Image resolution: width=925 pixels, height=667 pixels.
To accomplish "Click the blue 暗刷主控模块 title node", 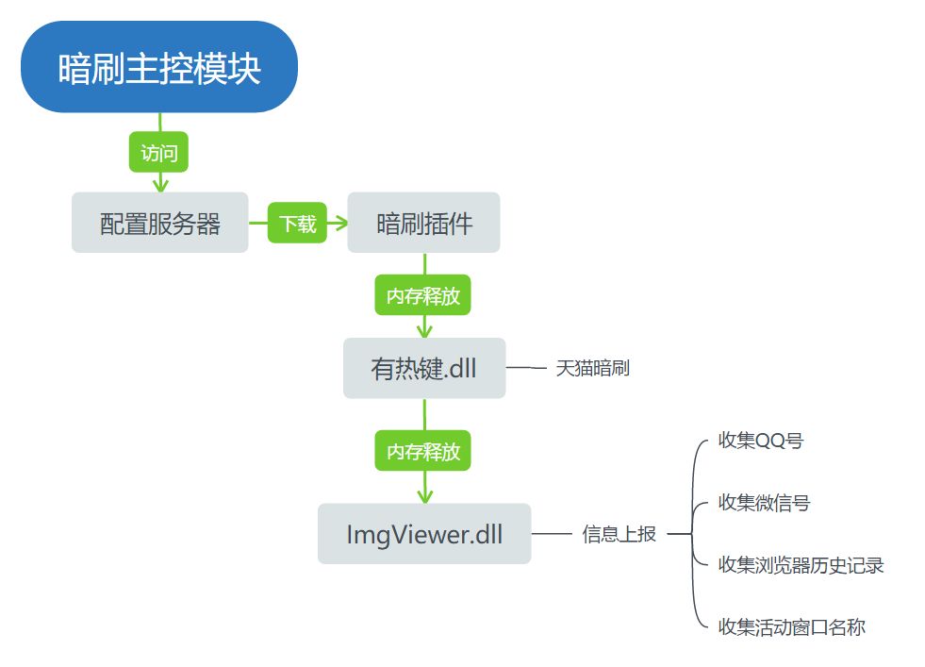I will click(158, 67).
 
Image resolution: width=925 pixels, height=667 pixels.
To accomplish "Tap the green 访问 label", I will click(158, 152).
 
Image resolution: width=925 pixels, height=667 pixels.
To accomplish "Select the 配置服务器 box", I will click(159, 224).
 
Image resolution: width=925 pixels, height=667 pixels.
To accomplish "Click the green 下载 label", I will click(297, 224).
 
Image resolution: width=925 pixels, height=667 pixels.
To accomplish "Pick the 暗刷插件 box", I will click(423, 224).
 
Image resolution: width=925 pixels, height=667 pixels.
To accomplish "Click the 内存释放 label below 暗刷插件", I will click(423, 295).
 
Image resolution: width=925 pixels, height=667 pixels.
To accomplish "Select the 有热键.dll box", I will click(423, 368).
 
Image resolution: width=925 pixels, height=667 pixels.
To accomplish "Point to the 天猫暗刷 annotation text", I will click(592, 369).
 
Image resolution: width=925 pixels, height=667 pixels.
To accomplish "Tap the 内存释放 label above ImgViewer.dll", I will click(423, 451).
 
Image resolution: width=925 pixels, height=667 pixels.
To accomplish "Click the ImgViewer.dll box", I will click(423, 535).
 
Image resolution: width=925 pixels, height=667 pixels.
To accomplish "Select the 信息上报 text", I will click(619, 535).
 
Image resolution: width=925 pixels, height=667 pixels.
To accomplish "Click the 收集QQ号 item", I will click(760, 441).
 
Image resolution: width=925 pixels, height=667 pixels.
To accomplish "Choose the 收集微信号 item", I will click(764, 503).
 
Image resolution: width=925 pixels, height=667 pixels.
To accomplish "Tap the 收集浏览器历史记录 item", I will click(801, 565).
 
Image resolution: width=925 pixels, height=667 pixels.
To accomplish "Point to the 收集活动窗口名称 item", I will click(791, 626).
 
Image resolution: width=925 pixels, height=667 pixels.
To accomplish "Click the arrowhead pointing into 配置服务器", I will click(159, 184).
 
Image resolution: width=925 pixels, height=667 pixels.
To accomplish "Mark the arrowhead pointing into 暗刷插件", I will click(339, 224).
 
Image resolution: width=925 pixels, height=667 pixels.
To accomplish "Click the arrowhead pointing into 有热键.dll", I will click(424, 330).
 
